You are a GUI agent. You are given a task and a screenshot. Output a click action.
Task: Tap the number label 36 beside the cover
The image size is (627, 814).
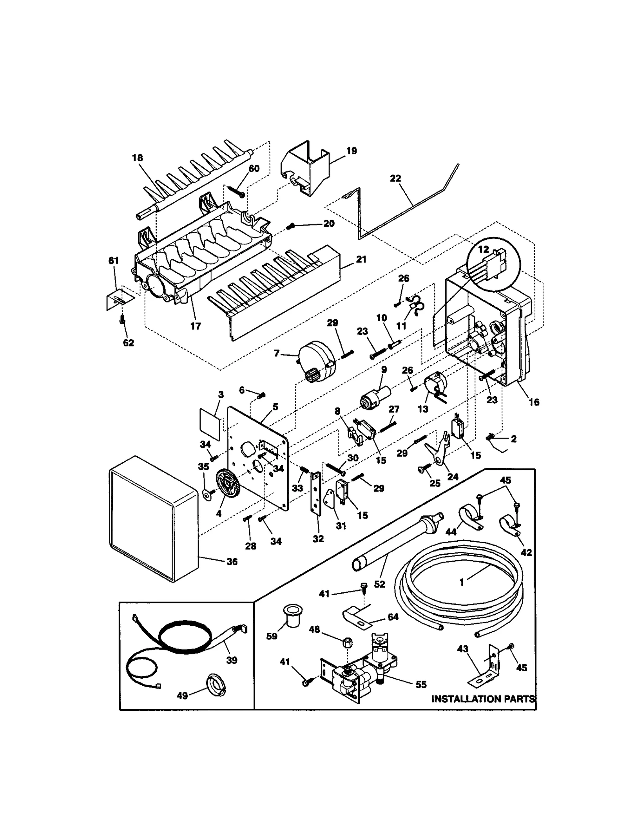click(x=232, y=561)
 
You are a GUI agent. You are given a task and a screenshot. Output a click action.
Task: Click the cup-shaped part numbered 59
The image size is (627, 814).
click(x=290, y=621)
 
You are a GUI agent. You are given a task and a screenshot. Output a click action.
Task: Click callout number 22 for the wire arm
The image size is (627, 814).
click(x=395, y=178)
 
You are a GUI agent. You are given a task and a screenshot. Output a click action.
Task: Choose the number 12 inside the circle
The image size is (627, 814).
click(x=484, y=249)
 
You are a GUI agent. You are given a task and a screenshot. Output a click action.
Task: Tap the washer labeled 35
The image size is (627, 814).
click(x=206, y=493)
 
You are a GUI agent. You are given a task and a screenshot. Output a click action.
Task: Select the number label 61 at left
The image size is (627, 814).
click(x=113, y=260)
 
